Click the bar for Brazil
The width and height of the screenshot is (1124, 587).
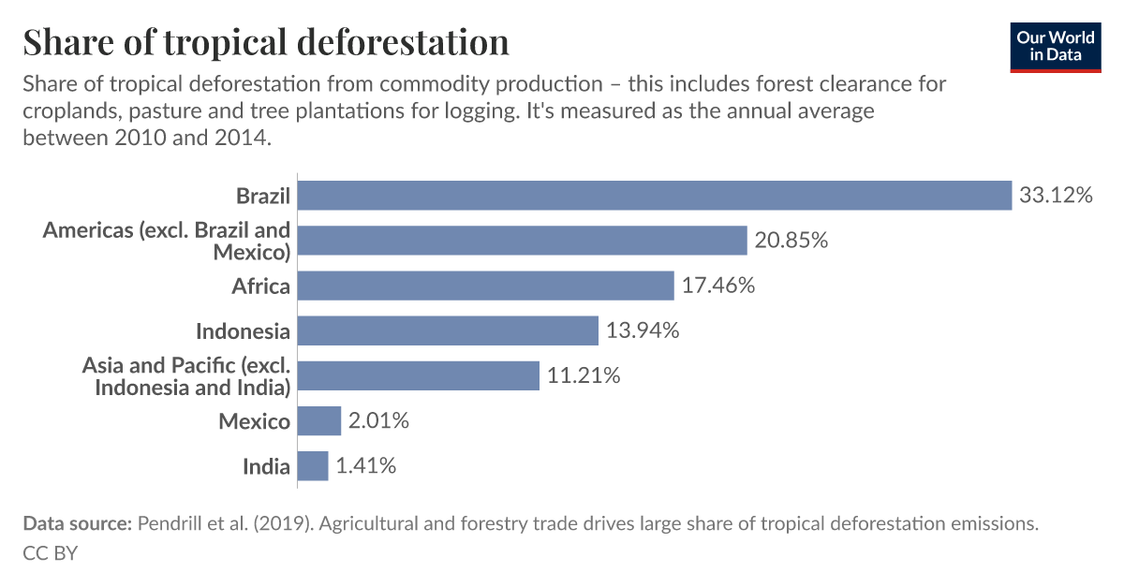(x=655, y=196)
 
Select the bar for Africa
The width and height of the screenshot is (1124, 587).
(x=485, y=286)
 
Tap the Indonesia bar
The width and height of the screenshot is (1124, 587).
(x=448, y=330)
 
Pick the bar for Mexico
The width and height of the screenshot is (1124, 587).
(x=319, y=421)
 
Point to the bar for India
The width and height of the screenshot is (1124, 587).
(x=313, y=466)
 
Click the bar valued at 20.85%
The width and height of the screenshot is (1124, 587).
(x=522, y=241)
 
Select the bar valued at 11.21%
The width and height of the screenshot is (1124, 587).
(x=419, y=375)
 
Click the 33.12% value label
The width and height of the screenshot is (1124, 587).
(x=1056, y=196)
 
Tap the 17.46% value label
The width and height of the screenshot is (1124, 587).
(x=717, y=286)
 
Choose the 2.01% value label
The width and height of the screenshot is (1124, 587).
(x=378, y=421)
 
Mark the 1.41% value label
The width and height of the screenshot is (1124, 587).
(x=365, y=466)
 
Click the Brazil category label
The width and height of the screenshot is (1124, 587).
(x=262, y=197)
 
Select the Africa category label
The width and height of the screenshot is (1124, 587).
(x=260, y=286)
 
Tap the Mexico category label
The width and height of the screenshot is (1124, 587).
(x=254, y=422)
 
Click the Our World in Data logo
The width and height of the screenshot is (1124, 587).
(x=1056, y=46)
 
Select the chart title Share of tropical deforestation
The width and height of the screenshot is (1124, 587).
(x=266, y=42)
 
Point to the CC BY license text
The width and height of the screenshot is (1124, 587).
(x=50, y=553)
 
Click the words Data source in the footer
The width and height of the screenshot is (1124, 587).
(x=77, y=524)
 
